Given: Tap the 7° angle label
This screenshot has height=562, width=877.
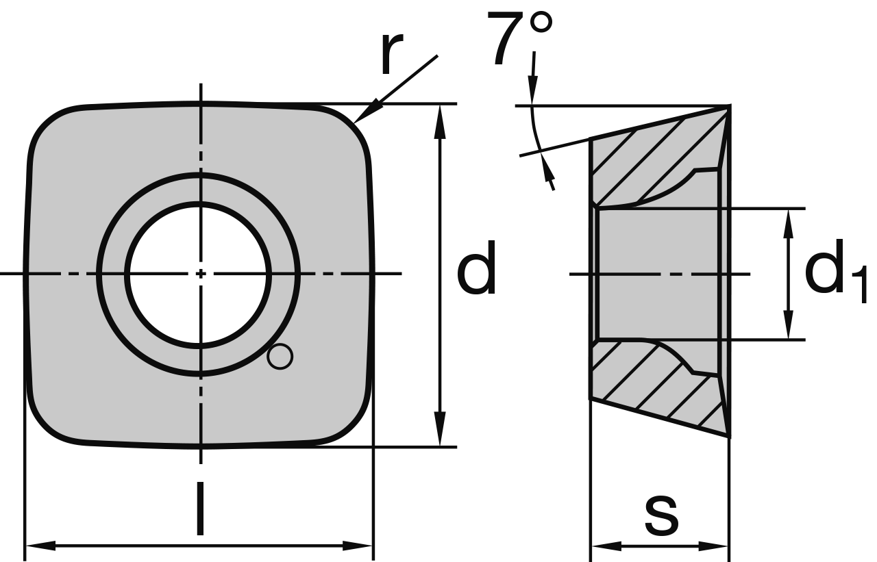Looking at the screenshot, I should pyautogui.click(x=519, y=38).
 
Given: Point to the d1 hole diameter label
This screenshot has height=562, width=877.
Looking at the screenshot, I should pyautogui.click(x=832, y=274).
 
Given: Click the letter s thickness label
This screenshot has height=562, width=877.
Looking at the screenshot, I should pyautogui.click(x=661, y=515).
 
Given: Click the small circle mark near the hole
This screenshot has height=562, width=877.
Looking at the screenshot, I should pyautogui.click(x=280, y=357).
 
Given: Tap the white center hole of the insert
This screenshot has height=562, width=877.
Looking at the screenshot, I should pyautogui.click(x=199, y=274).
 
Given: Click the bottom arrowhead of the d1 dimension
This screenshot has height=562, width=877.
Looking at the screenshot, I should pyautogui.click(x=789, y=327).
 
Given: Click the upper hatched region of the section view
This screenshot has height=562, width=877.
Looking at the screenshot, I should pyautogui.click(x=644, y=164).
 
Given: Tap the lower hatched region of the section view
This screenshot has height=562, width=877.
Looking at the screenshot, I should pyautogui.click(x=644, y=383).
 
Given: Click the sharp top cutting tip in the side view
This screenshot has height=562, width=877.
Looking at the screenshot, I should pyautogui.click(x=728, y=107).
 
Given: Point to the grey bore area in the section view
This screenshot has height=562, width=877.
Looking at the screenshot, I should pyautogui.click(x=658, y=274).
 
